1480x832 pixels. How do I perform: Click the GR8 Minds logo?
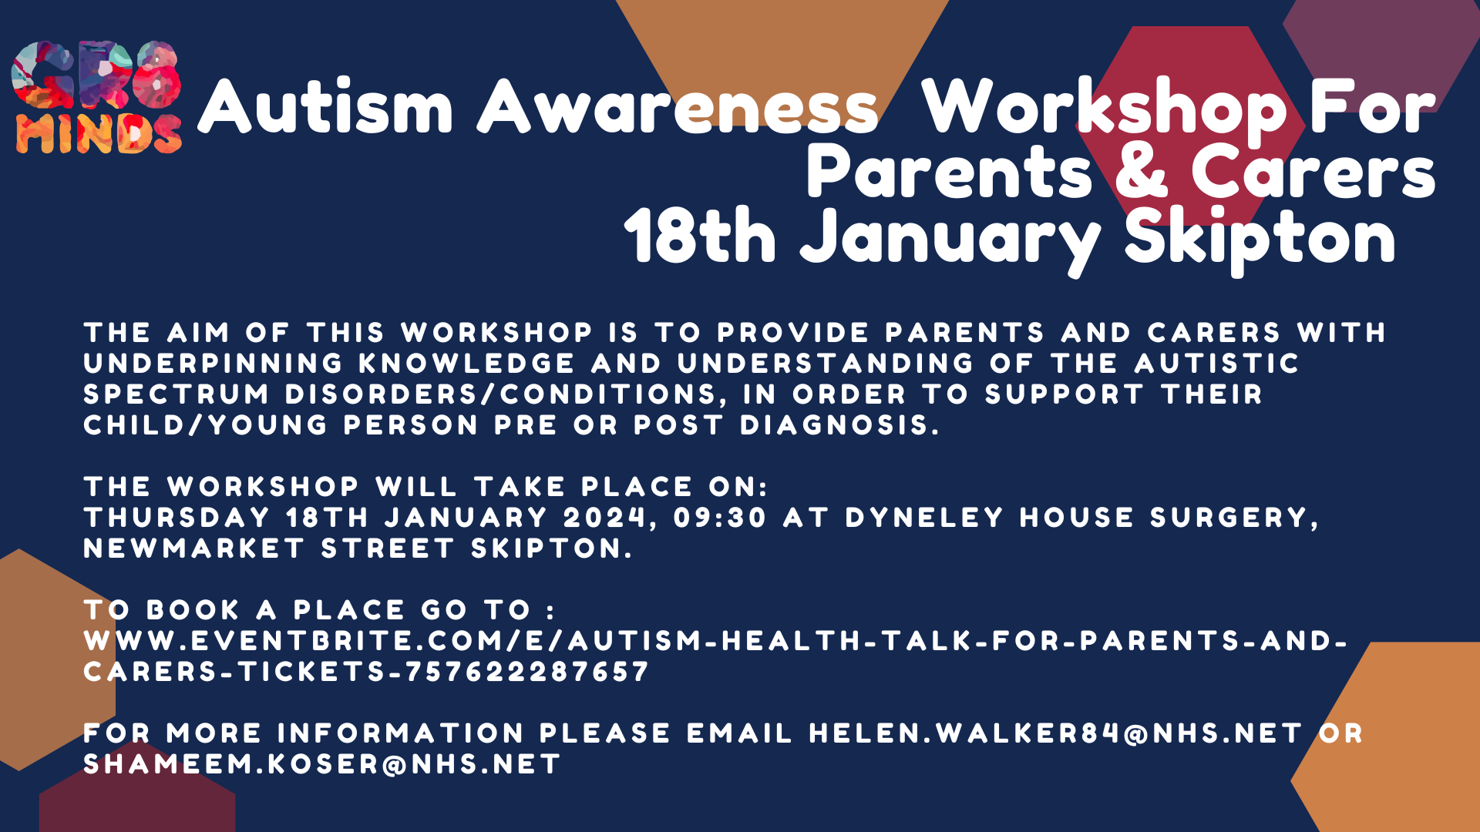(97, 97)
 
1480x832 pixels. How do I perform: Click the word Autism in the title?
(326, 106)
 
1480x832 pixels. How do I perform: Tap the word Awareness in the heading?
(678, 106)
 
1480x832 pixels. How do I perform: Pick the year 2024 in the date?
(604, 518)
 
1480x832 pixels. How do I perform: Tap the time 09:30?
(720, 518)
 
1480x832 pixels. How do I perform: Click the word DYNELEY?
(924, 518)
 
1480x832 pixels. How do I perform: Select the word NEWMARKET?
(194, 549)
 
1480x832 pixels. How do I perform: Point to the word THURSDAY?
(177, 518)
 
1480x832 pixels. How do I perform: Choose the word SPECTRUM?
(177, 394)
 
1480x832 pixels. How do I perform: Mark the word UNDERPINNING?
(214, 364)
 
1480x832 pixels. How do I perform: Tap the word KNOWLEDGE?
(467, 364)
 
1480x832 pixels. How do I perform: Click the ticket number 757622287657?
(527, 672)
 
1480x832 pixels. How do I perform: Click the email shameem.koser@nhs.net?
(322, 764)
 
